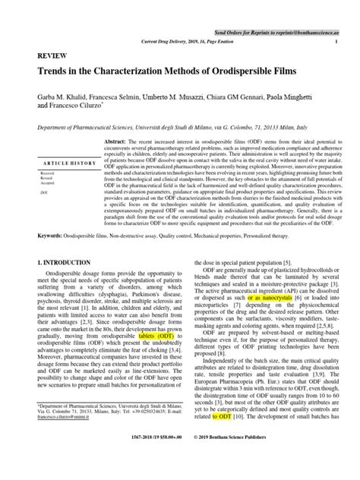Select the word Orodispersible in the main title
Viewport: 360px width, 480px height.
point(236,74)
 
